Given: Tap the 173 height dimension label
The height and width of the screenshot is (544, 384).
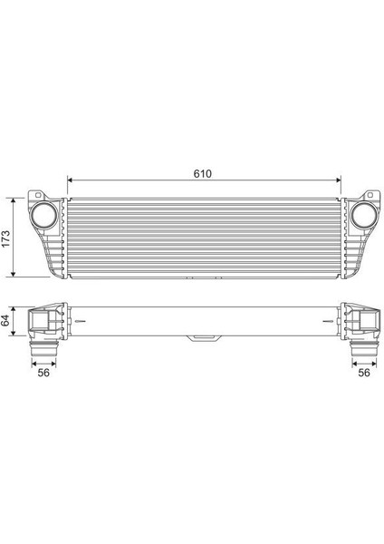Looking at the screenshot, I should (x=6, y=238).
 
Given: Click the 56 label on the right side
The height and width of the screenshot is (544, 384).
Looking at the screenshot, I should (x=364, y=372).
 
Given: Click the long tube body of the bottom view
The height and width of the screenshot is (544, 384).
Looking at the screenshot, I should (x=205, y=322).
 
